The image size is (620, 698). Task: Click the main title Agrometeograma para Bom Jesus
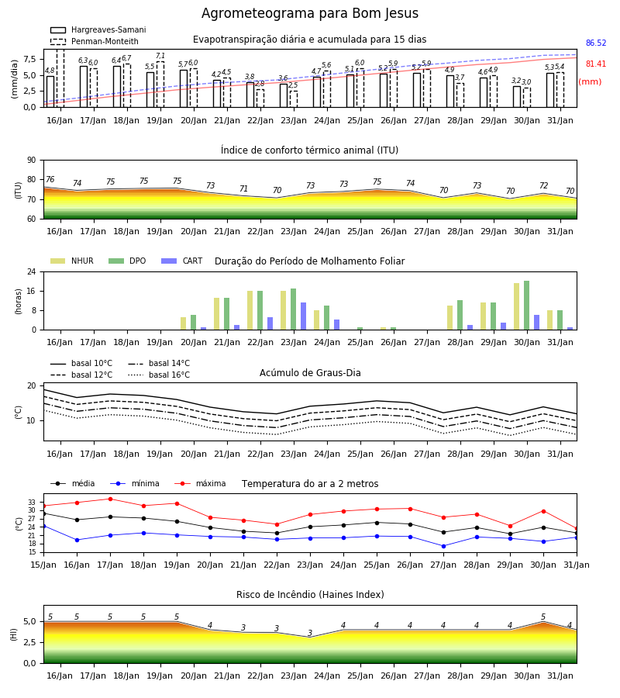(x=309, y=13)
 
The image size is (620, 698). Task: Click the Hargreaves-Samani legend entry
(x=98, y=29)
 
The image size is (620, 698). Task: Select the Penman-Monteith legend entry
(x=95, y=41)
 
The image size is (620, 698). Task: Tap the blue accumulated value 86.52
(x=596, y=43)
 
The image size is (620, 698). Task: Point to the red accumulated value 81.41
(x=596, y=64)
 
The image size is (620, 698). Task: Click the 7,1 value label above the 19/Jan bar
(x=160, y=56)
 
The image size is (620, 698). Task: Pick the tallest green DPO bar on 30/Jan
(x=526, y=306)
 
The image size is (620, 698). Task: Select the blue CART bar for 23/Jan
(x=303, y=316)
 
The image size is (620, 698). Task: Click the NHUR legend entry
(x=72, y=261)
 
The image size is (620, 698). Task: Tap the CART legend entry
(x=182, y=261)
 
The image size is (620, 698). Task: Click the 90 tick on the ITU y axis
(x=32, y=161)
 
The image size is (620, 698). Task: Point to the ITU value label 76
(x=50, y=179)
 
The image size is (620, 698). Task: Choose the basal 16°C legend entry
(x=159, y=375)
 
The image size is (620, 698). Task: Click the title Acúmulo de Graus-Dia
(x=310, y=373)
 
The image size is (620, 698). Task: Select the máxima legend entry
(x=200, y=483)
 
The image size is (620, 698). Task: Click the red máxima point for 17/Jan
(x=110, y=499)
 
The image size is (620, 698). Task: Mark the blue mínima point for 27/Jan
(x=443, y=546)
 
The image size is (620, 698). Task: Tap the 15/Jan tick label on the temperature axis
(x=43, y=565)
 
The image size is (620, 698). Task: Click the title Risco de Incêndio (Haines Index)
(x=310, y=595)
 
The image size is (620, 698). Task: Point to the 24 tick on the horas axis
(x=32, y=271)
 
